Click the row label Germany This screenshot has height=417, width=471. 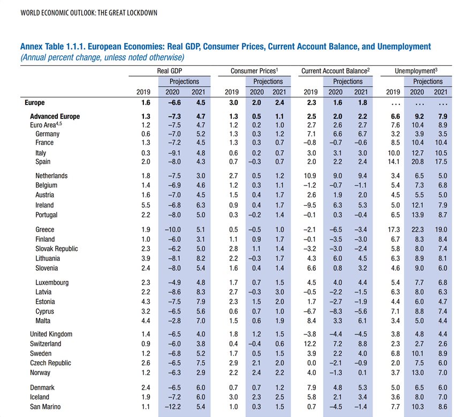[x=47, y=133]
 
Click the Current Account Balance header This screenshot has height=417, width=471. [x=336, y=71]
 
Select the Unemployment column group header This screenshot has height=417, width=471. [x=415, y=71]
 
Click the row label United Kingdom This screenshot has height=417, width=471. [x=51, y=334]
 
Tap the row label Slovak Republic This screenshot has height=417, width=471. [x=56, y=249]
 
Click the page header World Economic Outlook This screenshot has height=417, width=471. [x=88, y=12]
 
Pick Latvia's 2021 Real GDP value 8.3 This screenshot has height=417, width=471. [x=199, y=292]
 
